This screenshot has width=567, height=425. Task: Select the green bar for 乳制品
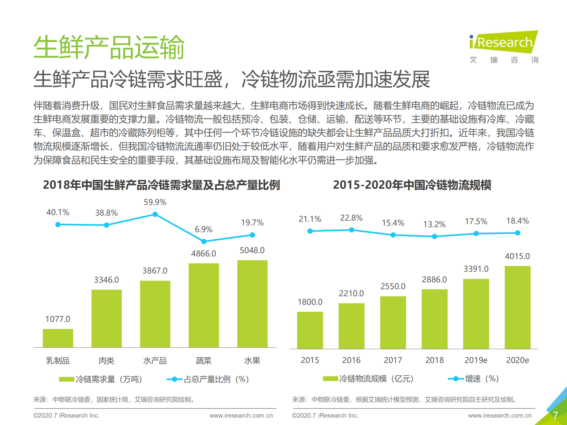tap(58, 338)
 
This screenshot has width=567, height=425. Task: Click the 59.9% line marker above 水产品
tap(155, 214)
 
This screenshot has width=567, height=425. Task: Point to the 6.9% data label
tap(203, 229)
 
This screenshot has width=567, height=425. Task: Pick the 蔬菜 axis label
tap(204, 361)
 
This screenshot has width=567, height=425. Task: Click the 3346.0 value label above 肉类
tap(106, 280)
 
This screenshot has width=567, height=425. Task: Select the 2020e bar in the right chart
tap(517, 307)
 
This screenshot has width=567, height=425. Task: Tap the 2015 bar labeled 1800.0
tap(310, 330)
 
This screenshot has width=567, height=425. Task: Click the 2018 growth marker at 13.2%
tap(434, 237)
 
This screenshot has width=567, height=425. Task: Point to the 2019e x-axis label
tap(476, 360)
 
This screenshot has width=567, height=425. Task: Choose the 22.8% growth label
tap(351, 218)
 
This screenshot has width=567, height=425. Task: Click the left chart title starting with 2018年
tap(161, 185)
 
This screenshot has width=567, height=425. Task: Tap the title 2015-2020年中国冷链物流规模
tap(412, 185)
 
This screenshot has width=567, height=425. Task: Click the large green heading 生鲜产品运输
tap(109, 47)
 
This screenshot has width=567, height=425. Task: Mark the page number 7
tap(555, 415)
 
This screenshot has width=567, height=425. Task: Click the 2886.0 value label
tap(434, 279)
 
